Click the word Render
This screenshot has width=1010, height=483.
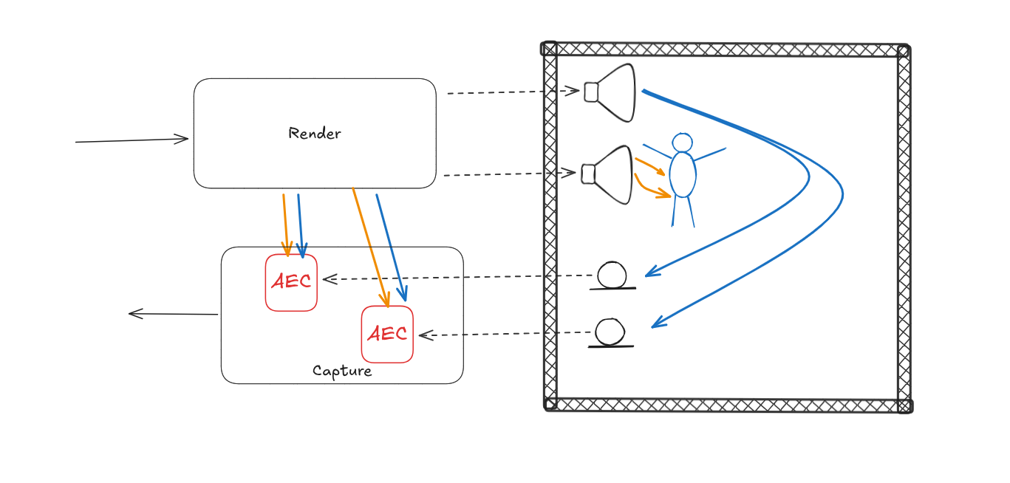[x=315, y=134]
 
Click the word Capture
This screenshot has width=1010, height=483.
[x=342, y=371]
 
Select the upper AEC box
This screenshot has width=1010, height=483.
[x=291, y=282]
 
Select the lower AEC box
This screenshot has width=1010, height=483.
[x=387, y=334]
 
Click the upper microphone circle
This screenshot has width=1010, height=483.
[x=612, y=275]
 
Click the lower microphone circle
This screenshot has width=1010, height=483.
[x=610, y=332]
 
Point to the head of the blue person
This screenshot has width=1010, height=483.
[x=683, y=143]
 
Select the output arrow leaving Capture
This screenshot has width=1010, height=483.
[x=174, y=314]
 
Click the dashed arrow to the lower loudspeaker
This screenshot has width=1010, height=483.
[x=510, y=174]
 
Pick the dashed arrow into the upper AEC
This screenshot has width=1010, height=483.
[x=458, y=278]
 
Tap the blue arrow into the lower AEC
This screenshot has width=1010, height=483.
[x=389, y=247]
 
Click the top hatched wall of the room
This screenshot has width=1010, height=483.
[x=724, y=49]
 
